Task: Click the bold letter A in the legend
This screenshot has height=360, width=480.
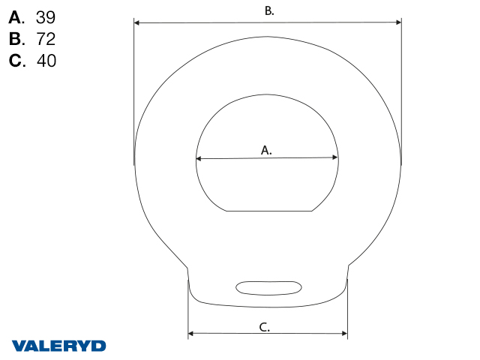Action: click(15, 17)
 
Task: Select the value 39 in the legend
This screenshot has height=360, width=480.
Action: click(46, 17)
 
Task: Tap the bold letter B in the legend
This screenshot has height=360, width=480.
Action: click(16, 39)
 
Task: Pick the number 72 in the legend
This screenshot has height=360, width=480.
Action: click(46, 39)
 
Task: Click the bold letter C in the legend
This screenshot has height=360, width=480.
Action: click(16, 61)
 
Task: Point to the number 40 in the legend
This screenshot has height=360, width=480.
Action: click(46, 61)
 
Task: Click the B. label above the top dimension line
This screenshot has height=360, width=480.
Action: click(269, 11)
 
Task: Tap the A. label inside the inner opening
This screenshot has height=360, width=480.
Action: click(266, 150)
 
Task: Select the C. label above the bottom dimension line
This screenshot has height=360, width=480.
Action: click(265, 327)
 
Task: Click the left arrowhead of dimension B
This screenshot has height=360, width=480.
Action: click(136, 22)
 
